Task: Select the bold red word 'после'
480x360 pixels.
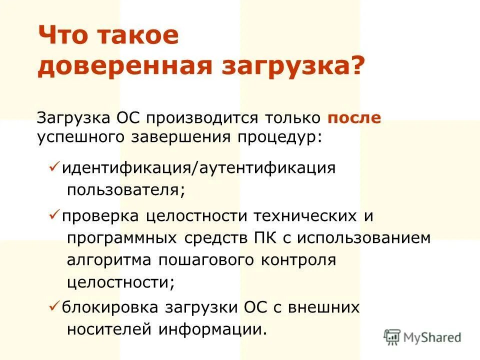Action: click(x=354, y=118)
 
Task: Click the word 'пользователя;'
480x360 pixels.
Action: click(x=126, y=190)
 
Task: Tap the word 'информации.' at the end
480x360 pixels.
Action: click(x=211, y=330)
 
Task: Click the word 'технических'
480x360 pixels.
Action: click(x=304, y=215)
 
